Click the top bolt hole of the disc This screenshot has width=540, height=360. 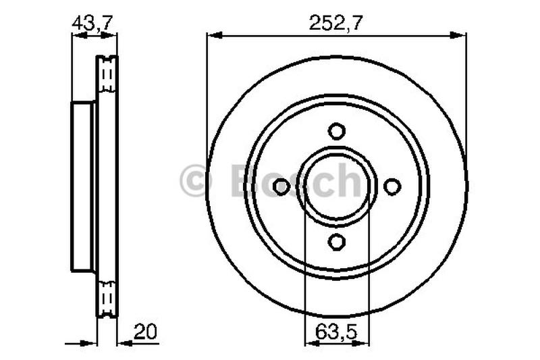[x=336, y=130]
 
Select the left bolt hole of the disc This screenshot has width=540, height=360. [x=281, y=186]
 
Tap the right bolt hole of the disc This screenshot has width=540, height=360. [x=391, y=186]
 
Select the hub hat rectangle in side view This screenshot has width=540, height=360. [x=83, y=186]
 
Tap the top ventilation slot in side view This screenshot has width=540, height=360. [x=107, y=74]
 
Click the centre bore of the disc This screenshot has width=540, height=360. [x=336, y=186]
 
